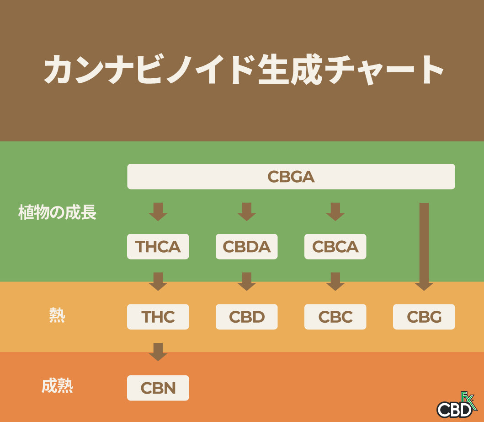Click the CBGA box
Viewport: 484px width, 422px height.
(x=291, y=177)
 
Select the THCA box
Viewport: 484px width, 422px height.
(x=158, y=247)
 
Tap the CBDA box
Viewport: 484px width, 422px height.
(x=247, y=247)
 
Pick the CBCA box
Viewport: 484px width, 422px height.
(x=335, y=247)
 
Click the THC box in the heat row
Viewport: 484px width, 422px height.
(x=158, y=317)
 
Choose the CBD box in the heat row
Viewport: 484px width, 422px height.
(x=247, y=317)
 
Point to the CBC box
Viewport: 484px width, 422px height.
(x=335, y=317)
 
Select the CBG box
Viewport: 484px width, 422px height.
(x=424, y=317)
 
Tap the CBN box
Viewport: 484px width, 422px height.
(x=158, y=388)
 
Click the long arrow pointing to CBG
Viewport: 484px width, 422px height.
(x=424, y=247)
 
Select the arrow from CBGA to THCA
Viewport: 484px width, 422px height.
(x=158, y=212)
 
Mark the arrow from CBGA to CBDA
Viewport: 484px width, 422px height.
(x=247, y=212)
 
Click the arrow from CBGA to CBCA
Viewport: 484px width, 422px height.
(x=335, y=212)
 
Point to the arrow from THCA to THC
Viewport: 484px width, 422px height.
(x=158, y=281)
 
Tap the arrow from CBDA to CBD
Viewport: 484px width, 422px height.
(x=247, y=281)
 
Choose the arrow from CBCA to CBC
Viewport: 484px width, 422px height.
(x=335, y=281)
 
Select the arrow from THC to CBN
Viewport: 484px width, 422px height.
(x=158, y=352)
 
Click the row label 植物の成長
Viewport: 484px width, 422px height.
(x=58, y=213)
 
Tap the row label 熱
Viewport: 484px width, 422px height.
(x=57, y=316)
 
